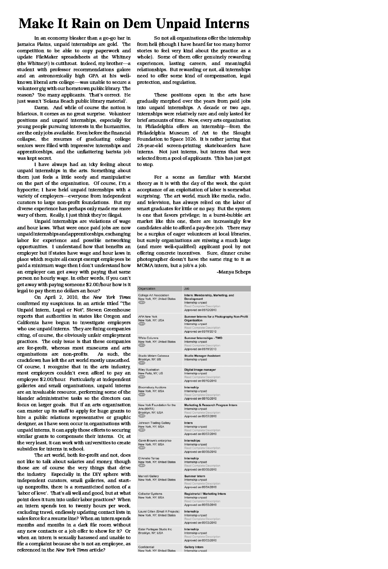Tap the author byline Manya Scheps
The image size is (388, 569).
[x=234, y=272]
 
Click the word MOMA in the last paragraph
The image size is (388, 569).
[x=144, y=265]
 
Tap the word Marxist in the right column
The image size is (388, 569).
[x=241, y=177]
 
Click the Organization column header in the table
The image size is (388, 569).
[x=147, y=289]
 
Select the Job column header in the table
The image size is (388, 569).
[x=186, y=289]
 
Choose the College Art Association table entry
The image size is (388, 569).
[x=154, y=295]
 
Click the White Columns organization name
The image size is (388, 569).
[x=148, y=338]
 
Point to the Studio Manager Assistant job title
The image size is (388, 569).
[x=202, y=356]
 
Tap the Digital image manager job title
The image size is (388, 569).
[x=200, y=370]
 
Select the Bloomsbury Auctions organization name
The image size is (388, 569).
[x=152, y=387]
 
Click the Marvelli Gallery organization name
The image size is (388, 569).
[x=148, y=476]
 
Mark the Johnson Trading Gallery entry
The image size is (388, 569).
[x=154, y=423]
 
